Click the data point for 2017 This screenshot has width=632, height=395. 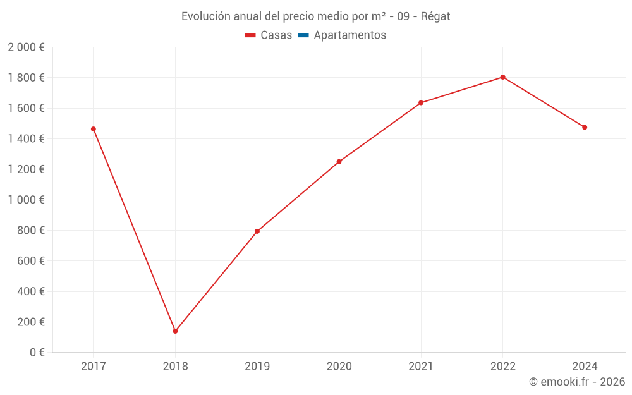click(x=94, y=129)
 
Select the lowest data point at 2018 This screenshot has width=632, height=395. click(x=175, y=331)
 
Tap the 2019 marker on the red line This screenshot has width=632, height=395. click(x=257, y=231)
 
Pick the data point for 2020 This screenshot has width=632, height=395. click(x=339, y=162)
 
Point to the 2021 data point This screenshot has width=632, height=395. click(x=421, y=103)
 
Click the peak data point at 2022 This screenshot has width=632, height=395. click(x=502, y=77)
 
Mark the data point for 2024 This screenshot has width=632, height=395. click(x=585, y=128)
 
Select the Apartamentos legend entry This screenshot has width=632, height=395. click(x=349, y=35)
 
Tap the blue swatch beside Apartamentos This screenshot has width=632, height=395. click(x=303, y=35)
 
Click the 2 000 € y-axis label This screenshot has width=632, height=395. click(x=26, y=47)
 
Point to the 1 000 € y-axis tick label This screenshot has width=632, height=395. click(x=26, y=200)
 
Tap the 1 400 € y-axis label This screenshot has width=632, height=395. click(x=26, y=139)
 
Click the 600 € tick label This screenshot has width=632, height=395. click(x=30, y=261)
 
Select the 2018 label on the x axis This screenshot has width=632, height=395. click(x=175, y=366)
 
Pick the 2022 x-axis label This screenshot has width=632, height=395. click(x=502, y=366)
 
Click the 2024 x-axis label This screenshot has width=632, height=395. click(x=585, y=366)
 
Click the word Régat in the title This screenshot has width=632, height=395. click(x=435, y=16)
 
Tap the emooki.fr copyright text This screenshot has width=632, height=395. click(x=577, y=382)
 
